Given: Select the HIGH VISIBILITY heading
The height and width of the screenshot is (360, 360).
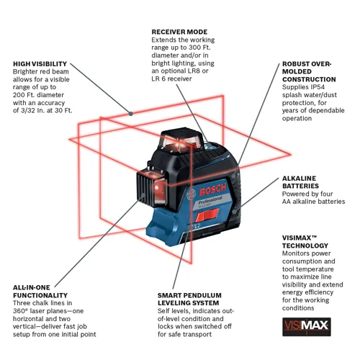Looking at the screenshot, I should pyautogui.click(x=40, y=64).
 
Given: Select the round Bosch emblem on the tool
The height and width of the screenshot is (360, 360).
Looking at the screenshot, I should pyautogui.click(x=191, y=193).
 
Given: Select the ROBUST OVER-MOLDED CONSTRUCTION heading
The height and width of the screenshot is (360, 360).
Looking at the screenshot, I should pyautogui.click(x=308, y=71).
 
